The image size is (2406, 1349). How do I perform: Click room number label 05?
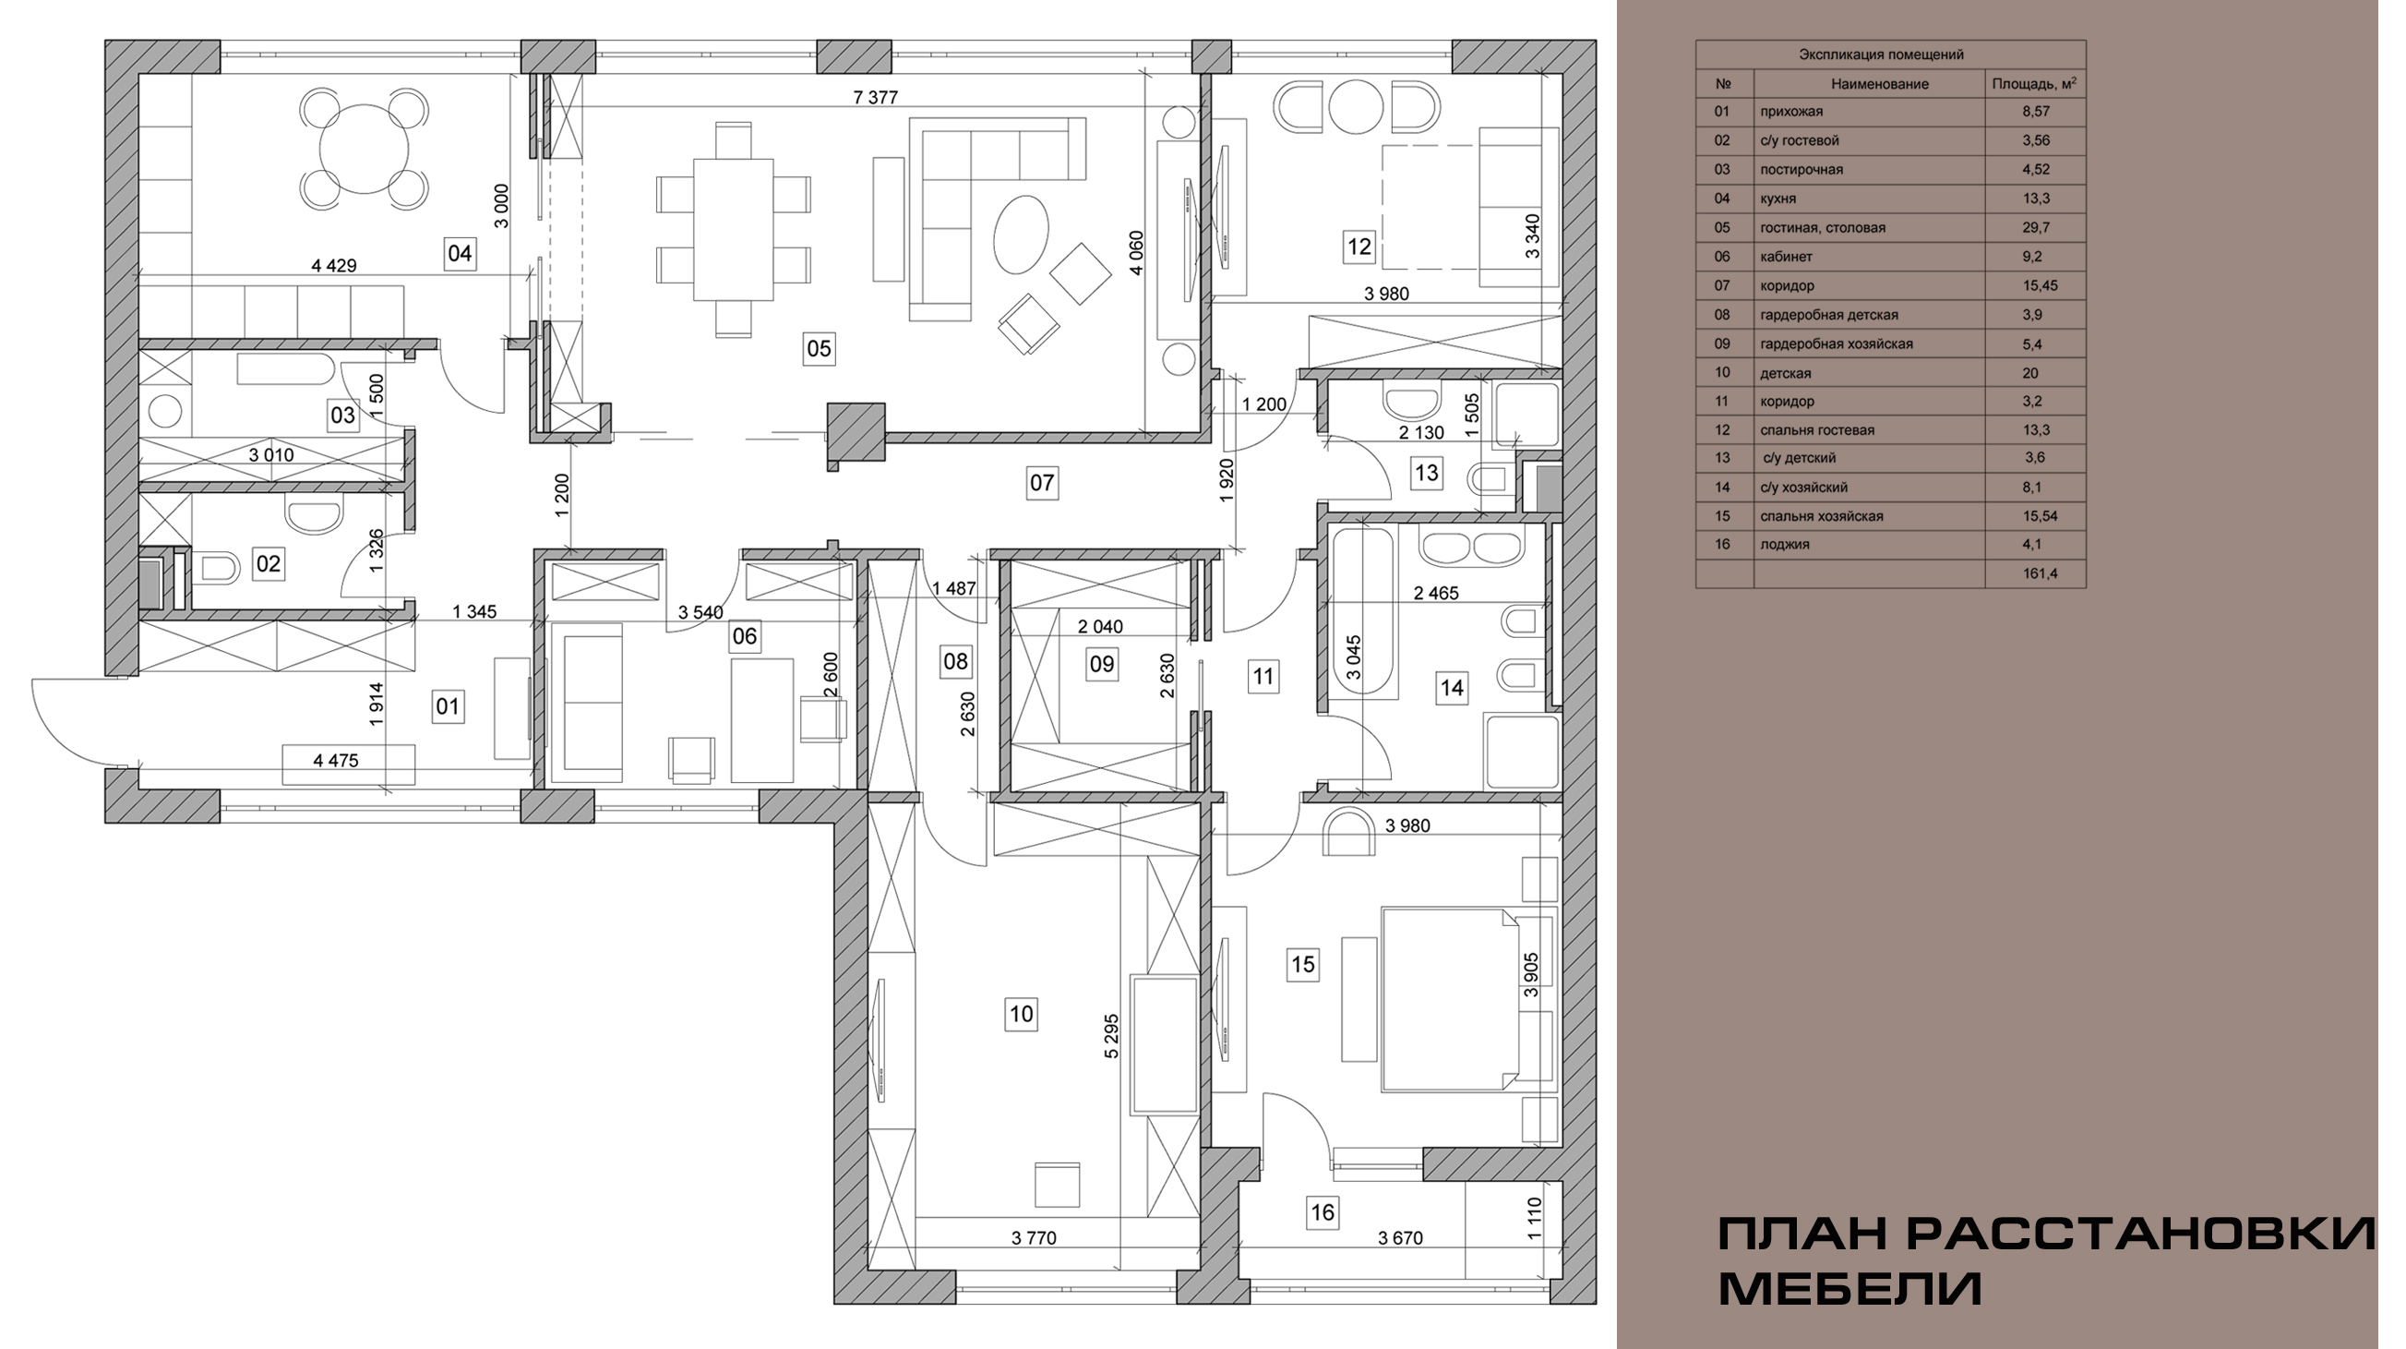pyautogui.click(x=819, y=348)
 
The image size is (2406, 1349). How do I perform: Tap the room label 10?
pyautogui.click(x=1021, y=1014)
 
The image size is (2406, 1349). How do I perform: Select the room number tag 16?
pyautogui.click(x=1323, y=1212)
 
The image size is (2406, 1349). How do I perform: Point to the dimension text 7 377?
pyautogui.click(x=875, y=97)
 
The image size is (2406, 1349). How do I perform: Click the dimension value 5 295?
pyautogui.click(x=1110, y=1036)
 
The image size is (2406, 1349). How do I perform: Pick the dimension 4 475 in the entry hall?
pyautogui.click(x=335, y=761)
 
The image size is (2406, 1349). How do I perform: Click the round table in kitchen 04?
pyautogui.click(x=365, y=148)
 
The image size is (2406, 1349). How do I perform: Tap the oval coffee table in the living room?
pyautogui.click(x=1021, y=234)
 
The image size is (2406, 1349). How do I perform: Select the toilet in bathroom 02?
pyautogui.click(x=214, y=567)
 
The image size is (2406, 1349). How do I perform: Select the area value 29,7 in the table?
pyautogui.click(x=2032, y=227)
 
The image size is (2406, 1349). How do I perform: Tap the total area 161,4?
pyautogui.click(x=2040, y=572)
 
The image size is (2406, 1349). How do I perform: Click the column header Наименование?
pyautogui.click(x=1879, y=84)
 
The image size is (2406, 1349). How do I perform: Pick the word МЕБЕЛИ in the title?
pyautogui.click(x=1850, y=1289)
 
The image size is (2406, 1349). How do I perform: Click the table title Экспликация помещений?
pyautogui.click(x=1881, y=54)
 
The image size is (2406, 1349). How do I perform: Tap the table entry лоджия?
pyautogui.click(x=1784, y=544)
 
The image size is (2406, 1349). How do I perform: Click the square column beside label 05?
pyautogui.click(x=856, y=431)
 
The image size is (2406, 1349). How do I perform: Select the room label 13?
pyautogui.click(x=1426, y=473)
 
